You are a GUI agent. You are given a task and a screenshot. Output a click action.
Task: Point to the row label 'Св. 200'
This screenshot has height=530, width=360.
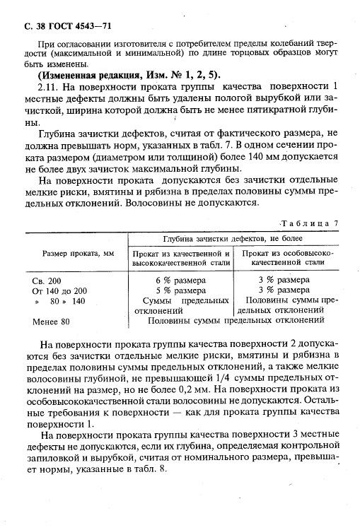[x=47, y=281]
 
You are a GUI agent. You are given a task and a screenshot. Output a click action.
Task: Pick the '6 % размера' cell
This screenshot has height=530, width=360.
[x=180, y=281]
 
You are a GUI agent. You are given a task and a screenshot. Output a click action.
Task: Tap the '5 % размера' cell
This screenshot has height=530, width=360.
[x=180, y=290]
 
